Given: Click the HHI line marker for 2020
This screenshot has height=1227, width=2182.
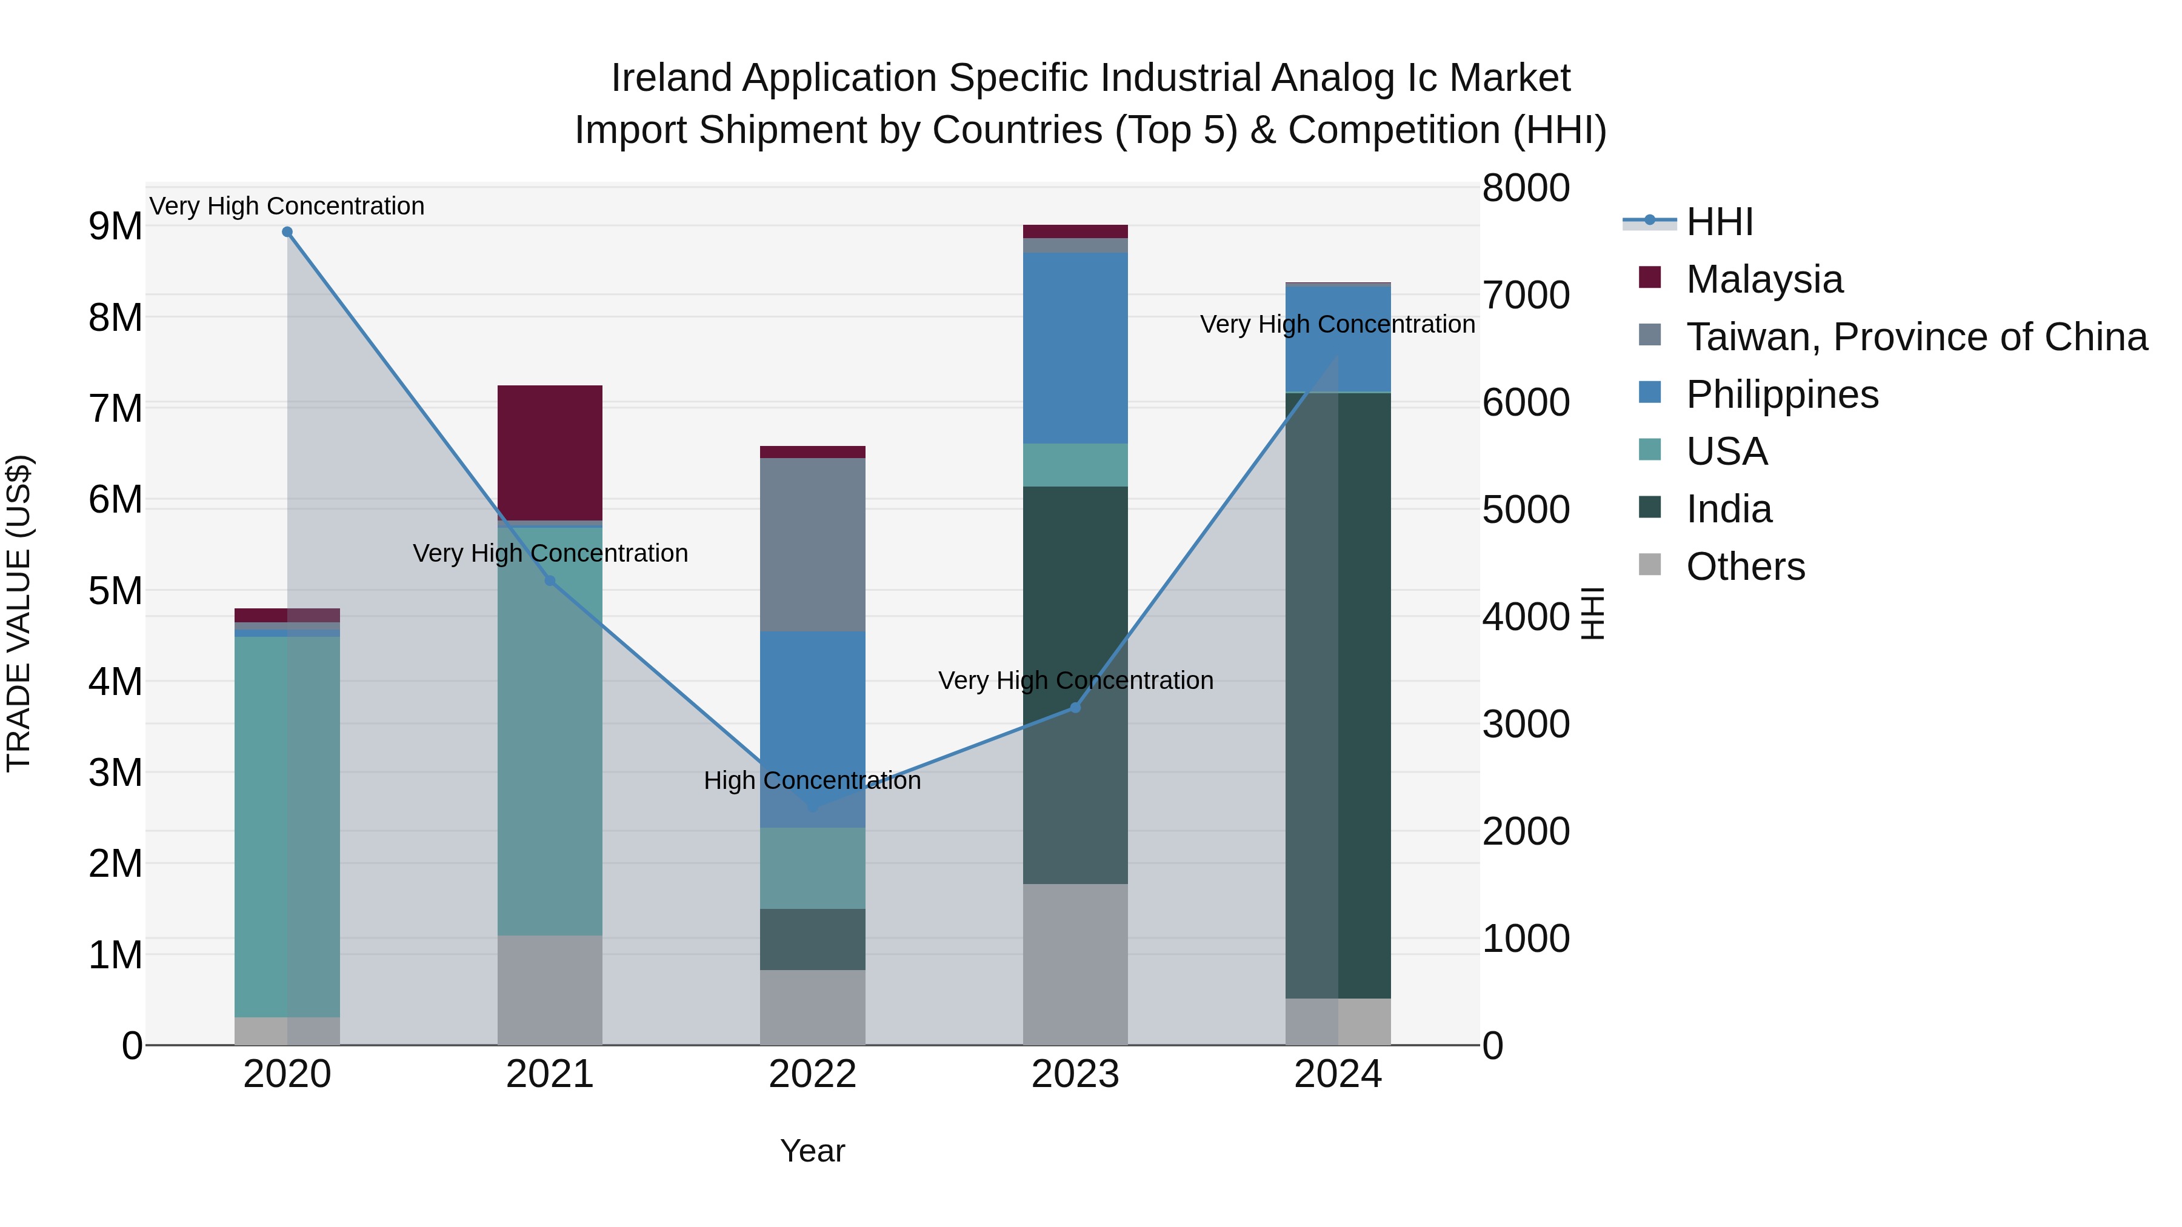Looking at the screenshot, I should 287,232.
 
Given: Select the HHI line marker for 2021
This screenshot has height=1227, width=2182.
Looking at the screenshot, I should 550,581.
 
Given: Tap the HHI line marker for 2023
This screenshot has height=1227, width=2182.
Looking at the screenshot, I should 1076,707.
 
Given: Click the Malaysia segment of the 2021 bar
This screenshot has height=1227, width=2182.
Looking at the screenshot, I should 550,453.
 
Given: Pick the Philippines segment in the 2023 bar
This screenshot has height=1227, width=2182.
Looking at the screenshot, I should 1076,347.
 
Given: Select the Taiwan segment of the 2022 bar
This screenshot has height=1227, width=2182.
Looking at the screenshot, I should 812,545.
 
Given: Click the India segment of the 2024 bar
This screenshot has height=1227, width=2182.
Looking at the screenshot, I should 1338,694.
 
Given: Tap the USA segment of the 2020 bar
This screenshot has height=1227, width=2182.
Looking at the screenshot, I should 287,826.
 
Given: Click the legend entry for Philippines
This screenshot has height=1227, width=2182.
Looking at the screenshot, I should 1781,394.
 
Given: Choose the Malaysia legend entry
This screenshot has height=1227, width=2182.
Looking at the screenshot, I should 1764,279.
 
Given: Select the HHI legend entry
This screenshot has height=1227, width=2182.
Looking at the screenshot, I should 1719,222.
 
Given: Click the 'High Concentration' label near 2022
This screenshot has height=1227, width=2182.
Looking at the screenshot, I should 812,781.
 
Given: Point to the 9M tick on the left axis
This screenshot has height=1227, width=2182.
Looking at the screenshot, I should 115,226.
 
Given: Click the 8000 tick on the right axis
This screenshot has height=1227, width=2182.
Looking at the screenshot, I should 1526,188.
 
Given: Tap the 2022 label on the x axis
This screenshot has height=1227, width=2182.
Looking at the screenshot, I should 812,1074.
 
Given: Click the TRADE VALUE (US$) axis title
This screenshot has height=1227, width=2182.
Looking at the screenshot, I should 19,613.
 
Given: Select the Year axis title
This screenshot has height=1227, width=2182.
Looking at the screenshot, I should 812,1151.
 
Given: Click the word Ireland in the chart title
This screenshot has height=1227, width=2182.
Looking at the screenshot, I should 671,78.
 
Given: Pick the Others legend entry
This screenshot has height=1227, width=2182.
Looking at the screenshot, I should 1745,567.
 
